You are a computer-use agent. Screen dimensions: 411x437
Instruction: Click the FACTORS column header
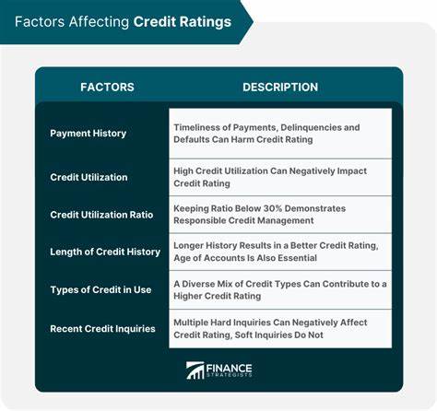(x=107, y=87)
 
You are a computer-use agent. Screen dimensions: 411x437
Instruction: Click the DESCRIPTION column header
(x=280, y=87)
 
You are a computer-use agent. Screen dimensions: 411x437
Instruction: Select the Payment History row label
(x=89, y=134)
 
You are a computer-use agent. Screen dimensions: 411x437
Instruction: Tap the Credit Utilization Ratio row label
(x=102, y=214)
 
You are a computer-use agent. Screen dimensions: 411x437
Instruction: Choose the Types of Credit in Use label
(x=100, y=290)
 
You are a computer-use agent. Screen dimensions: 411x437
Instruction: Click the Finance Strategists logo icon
(x=195, y=370)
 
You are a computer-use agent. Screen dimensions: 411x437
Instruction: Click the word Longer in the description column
(x=192, y=245)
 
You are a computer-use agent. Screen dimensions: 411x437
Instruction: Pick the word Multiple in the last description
(x=195, y=323)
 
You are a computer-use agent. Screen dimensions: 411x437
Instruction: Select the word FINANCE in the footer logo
(x=232, y=366)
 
